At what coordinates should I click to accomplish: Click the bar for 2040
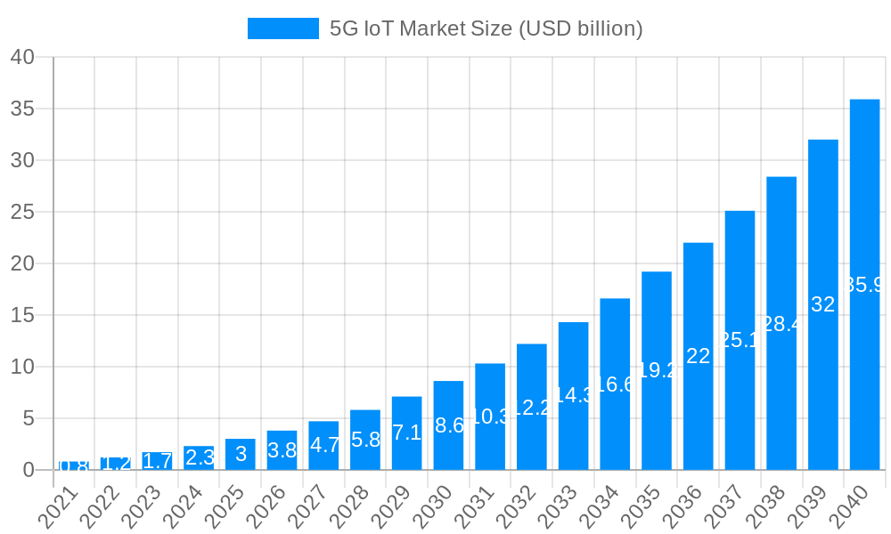864,285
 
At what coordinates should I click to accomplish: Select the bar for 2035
657,370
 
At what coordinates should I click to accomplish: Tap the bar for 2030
448,425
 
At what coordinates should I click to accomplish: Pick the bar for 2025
241,454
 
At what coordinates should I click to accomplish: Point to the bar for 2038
781,323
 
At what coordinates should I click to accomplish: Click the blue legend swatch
282,28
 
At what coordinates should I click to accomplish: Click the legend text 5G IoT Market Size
486,28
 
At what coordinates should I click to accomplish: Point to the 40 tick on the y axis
22,57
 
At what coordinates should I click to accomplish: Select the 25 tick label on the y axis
22,212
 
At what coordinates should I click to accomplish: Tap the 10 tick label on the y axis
22,367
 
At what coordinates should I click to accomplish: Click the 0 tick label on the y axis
29,470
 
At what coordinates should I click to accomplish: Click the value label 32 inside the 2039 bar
823,304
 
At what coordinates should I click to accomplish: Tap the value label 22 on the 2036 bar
699,356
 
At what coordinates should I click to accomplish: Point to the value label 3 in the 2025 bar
241,454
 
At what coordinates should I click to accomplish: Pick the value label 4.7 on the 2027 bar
323,445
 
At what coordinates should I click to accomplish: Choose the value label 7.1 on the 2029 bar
406,433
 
